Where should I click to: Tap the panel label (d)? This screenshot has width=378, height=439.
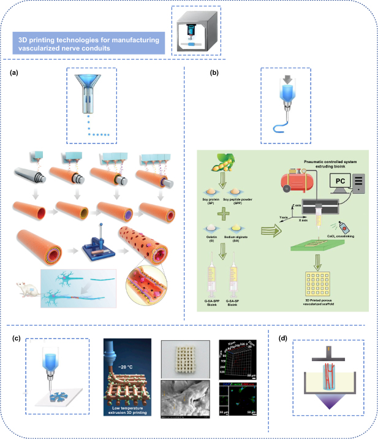[282, 336]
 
